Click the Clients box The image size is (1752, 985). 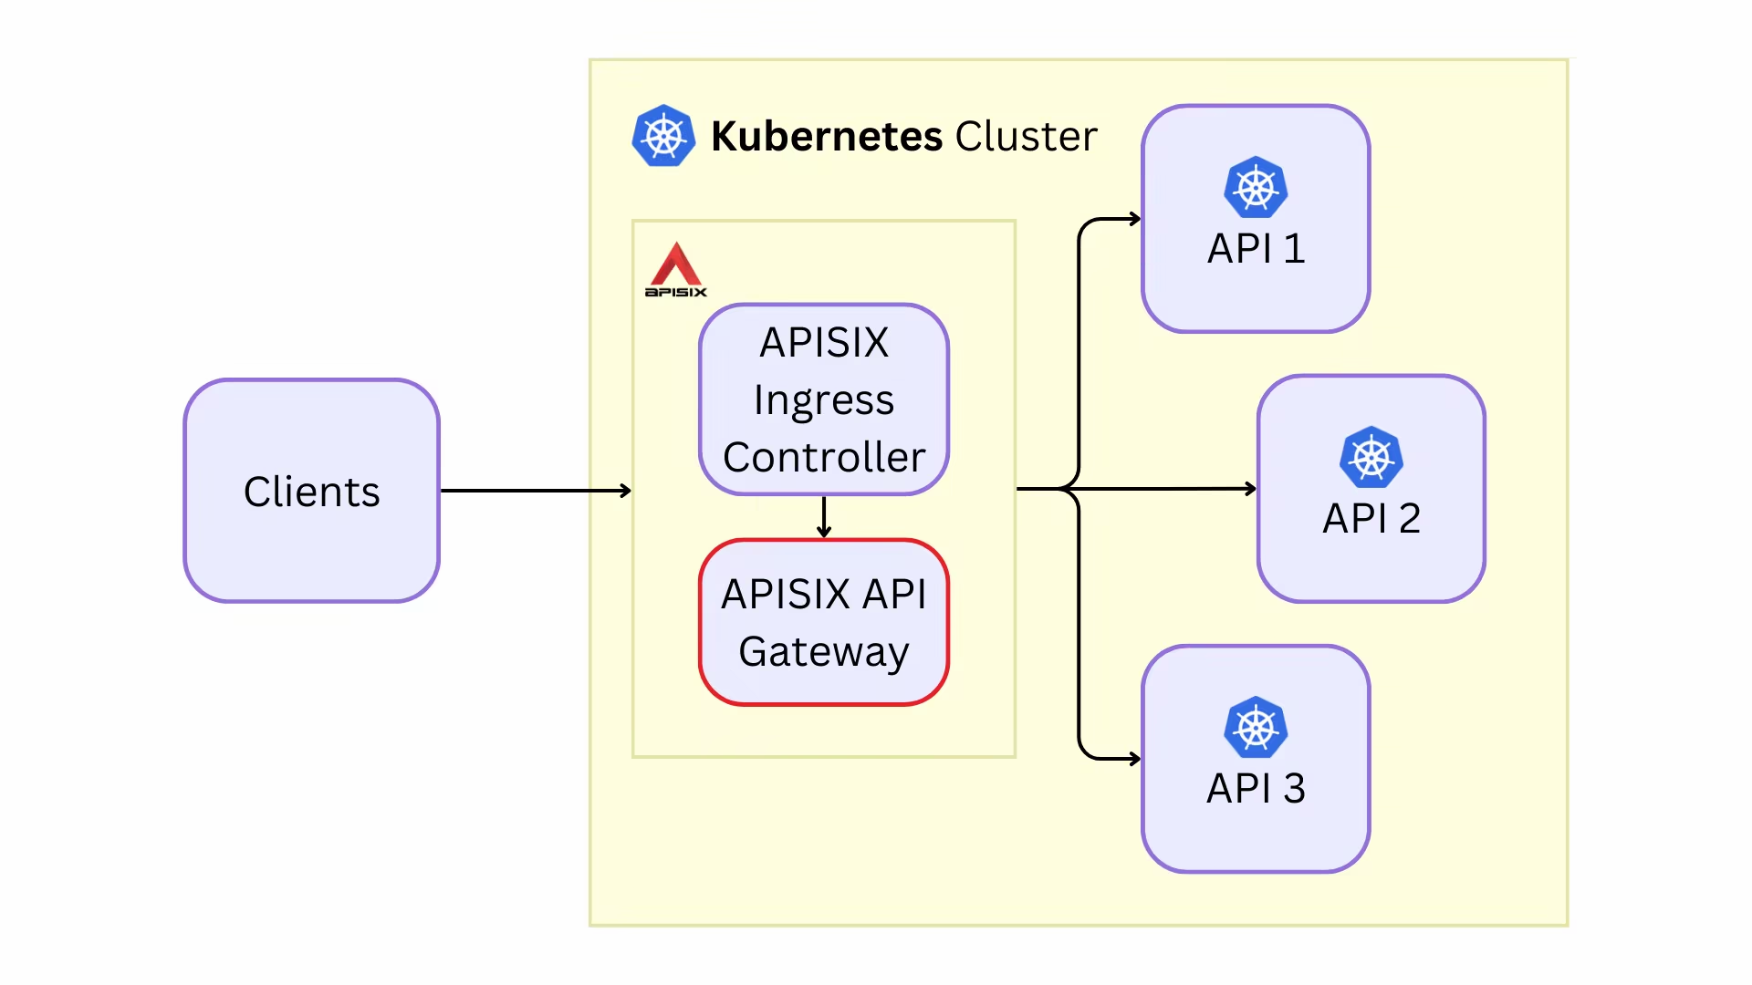click(311, 491)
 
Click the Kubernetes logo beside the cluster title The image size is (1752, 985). click(663, 136)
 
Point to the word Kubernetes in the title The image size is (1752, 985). click(826, 136)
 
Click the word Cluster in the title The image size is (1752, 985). click(1026, 136)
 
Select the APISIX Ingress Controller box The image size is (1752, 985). click(824, 399)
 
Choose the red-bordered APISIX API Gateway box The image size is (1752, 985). click(824, 622)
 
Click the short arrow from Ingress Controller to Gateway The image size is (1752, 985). click(824, 517)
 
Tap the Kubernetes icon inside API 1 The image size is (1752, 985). click(1256, 188)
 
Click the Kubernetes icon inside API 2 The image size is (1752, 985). click(1371, 457)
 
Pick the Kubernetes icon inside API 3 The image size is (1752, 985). click(1256, 728)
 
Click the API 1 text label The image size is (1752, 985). click(1256, 248)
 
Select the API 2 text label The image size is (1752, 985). click(1371, 518)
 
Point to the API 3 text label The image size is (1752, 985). click(1256, 788)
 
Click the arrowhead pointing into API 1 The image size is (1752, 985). click(1135, 219)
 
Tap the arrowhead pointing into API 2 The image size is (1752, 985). click(1250, 489)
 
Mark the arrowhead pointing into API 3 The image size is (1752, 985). click(1135, 759)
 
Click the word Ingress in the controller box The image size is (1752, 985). click(824, 400)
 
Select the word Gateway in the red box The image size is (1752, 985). click(824, 652)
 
